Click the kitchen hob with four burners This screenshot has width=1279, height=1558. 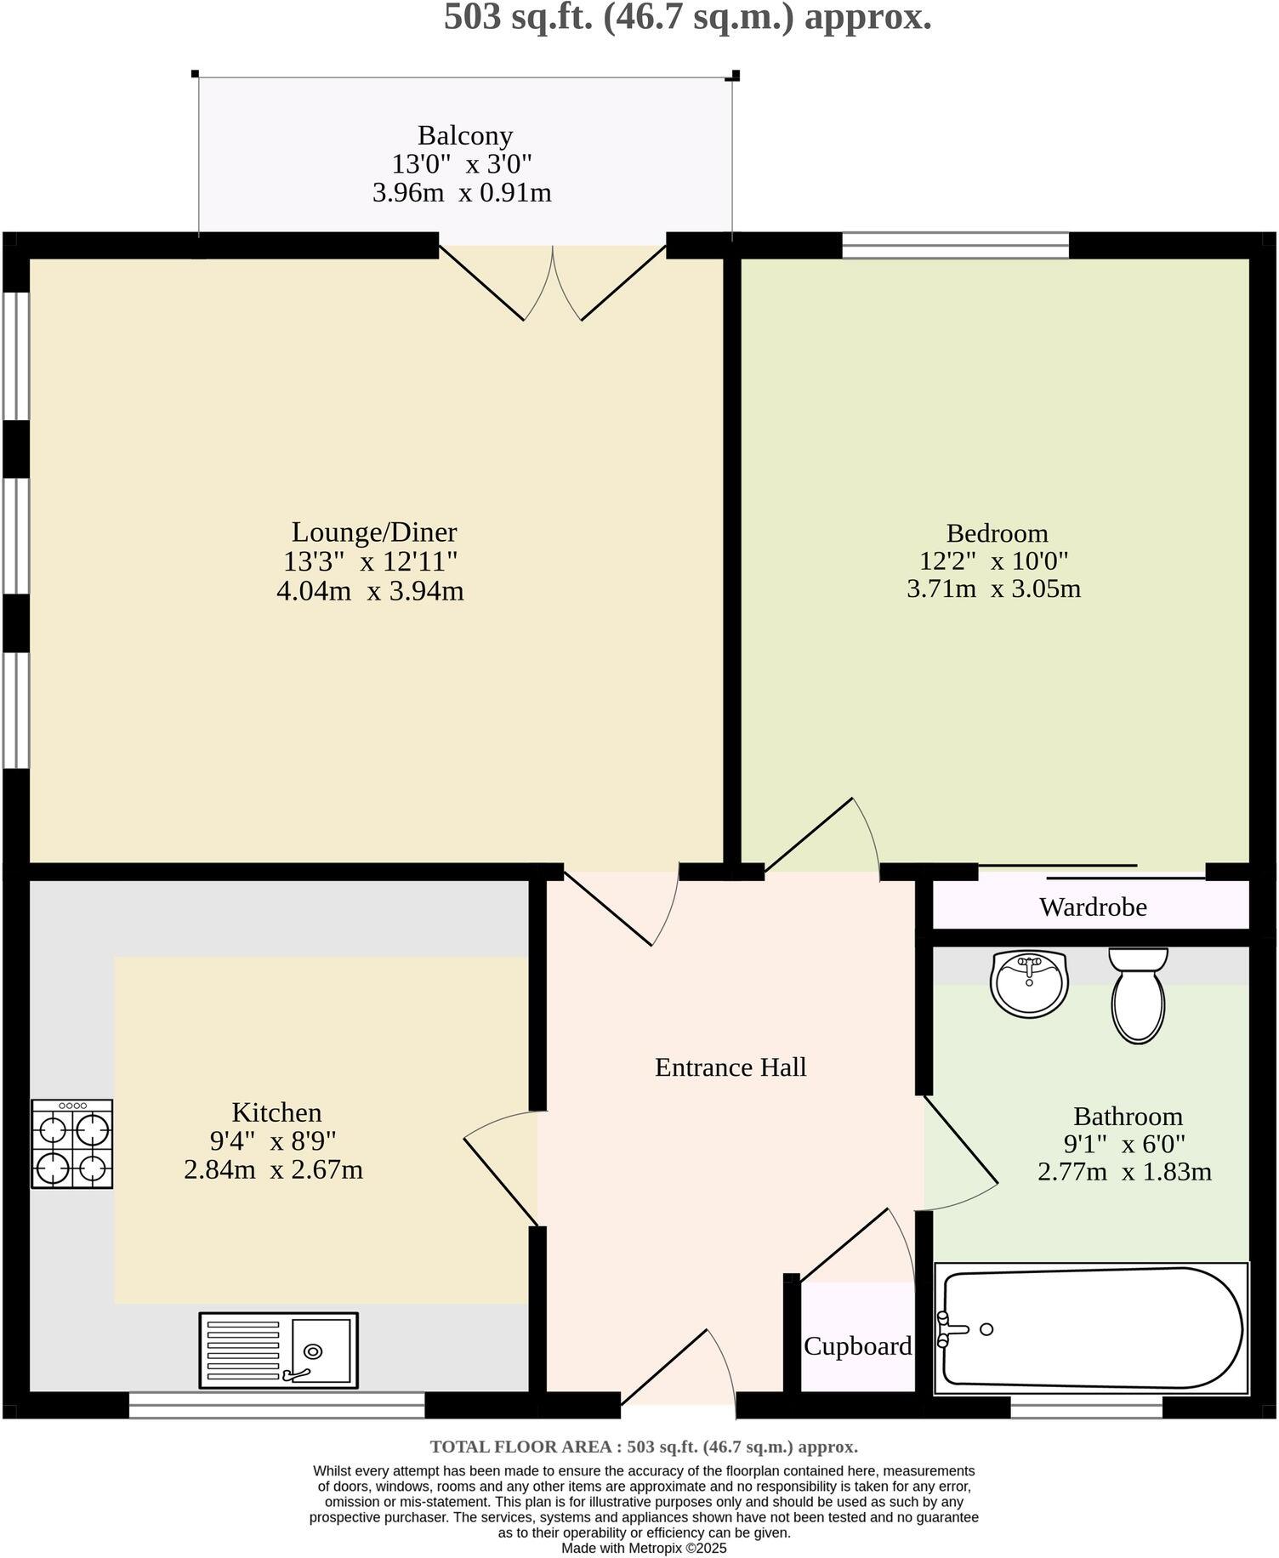coord(72,1144)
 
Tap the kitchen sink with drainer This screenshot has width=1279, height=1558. coord(278,1350)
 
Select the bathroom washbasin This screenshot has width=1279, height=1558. coord(1029,984)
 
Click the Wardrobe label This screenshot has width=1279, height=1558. coord(1093,907)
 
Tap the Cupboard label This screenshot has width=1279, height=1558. coord(857,1346)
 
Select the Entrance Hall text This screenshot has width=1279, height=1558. coord(730,1067)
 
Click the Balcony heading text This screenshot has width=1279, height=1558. coord(465,135)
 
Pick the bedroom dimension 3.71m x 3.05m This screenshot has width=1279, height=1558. coord(993,589)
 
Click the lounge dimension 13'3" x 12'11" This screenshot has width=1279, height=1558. coord(371,561)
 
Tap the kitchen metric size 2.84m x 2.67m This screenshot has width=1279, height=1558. coord(273,1170)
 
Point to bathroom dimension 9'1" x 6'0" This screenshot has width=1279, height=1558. coord(1124,1144)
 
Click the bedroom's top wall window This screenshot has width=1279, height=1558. coord(955,246)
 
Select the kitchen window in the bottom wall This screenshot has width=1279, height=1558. coord(276,1405)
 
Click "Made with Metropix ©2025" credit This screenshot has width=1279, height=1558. coord(644,1549)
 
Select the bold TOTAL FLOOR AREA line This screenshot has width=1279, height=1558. coord(644,1447)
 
